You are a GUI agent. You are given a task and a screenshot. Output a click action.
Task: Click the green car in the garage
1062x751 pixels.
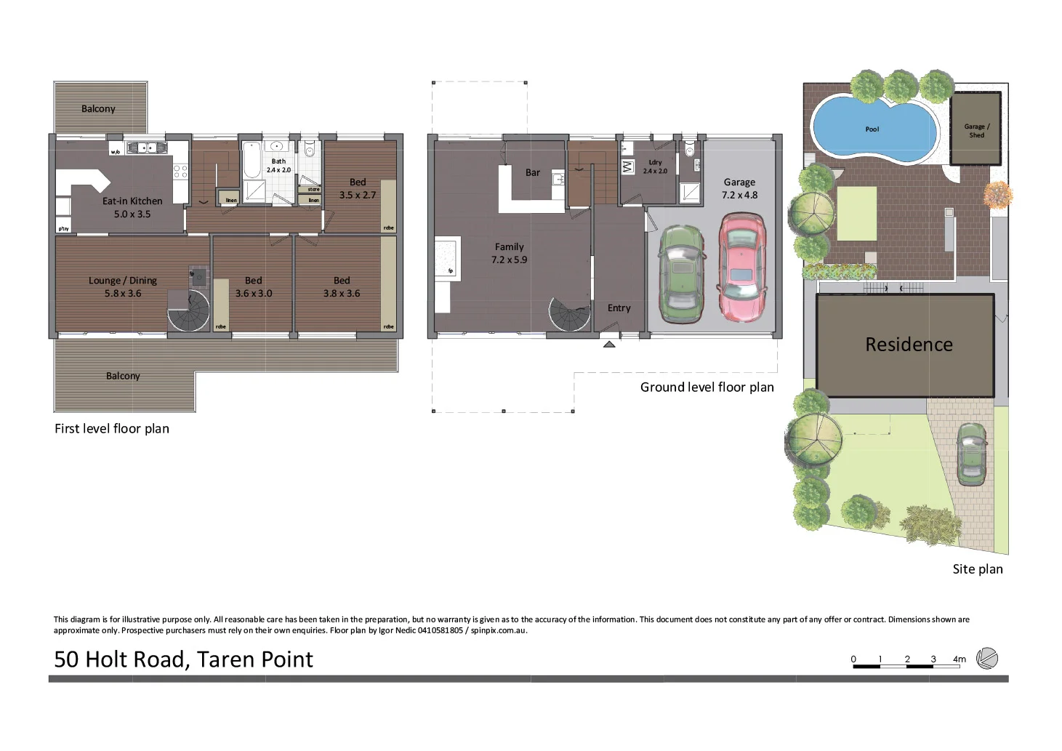[x=681, y=274]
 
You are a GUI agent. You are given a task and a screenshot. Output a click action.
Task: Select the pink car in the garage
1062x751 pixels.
[x=741, y=267]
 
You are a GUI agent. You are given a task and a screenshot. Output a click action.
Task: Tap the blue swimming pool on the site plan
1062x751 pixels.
[x=873, y=130]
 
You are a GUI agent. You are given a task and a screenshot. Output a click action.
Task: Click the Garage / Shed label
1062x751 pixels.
[x=976, y=131]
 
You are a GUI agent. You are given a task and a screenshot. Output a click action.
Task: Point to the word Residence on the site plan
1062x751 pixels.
[x=909, y=345]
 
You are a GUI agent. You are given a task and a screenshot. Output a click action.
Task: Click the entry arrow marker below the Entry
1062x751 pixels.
[x=609, y=345]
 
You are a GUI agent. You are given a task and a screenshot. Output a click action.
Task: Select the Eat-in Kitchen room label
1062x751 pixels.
[x=132, y=207]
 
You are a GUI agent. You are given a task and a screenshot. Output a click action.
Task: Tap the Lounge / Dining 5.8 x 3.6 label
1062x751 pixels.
[x=123, y=286]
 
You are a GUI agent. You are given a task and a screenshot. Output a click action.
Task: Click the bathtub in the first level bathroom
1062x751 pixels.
[x=252, y=161]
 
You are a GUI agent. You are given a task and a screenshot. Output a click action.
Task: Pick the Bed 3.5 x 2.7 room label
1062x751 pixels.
[x=358, y=188]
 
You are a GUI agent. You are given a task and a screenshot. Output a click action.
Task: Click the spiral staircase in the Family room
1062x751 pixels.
[x=570, y=315]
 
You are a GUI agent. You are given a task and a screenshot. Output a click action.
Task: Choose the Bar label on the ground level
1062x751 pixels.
[x=533, y=173]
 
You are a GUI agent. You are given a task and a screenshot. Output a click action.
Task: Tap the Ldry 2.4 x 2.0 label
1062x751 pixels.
[x=655, y=166]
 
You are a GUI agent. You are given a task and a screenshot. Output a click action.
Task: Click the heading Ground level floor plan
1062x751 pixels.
[x=707, y=387]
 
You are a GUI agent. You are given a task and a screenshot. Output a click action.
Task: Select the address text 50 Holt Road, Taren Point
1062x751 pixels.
[x=183, y=659]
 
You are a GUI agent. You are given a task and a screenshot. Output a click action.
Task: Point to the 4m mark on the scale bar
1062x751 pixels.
[x=959, y=659]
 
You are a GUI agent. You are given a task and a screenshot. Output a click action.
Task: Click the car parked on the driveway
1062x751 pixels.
[x=971, y=454]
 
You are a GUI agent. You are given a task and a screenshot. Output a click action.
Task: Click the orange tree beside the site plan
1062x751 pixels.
[x=997, y=195]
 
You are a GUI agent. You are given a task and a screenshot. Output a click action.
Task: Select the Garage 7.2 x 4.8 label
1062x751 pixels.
[x=739, y=188]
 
